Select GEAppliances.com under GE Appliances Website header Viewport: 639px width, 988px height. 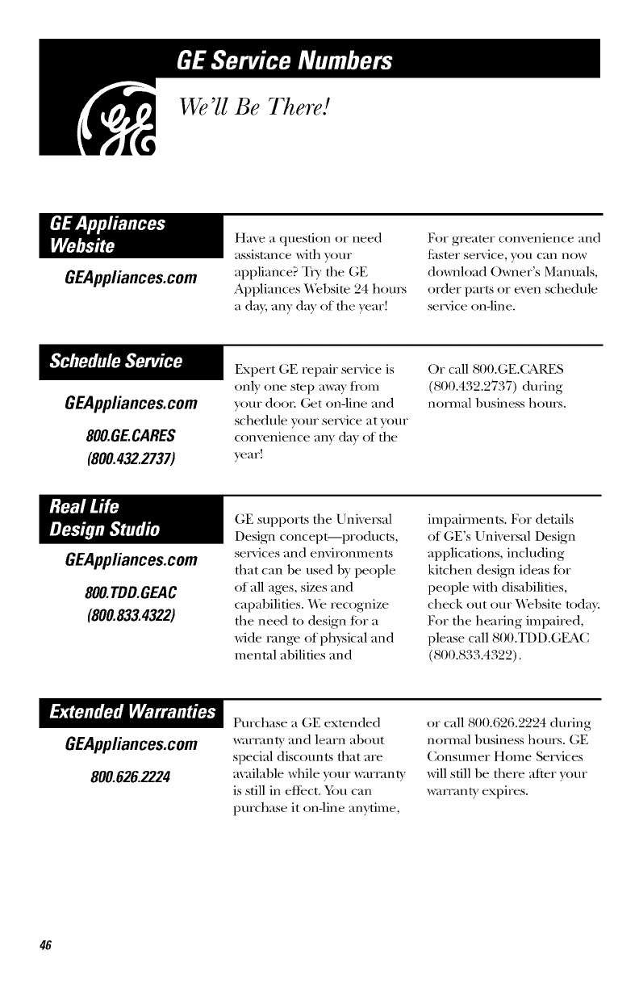tap(130, 278)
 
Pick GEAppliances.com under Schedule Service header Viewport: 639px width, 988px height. tap(130, 403)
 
